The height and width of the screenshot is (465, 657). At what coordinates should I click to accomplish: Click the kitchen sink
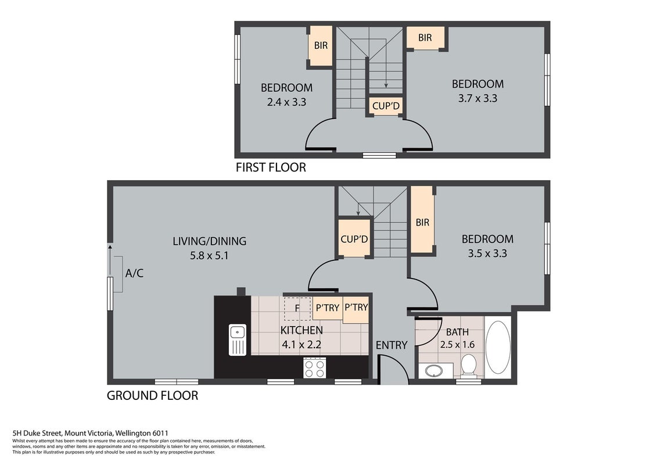(x=237, y=339)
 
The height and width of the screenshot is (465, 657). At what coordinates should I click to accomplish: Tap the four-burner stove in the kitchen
(x=315, y=367)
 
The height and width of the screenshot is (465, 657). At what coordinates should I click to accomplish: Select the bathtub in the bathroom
(x=498, y=347)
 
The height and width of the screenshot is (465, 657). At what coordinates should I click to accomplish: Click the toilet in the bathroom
(x=468, y=366)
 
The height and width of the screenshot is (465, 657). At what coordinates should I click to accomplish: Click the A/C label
(x=134, y=273)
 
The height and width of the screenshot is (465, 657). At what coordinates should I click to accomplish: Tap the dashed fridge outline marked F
(x=297, y=309)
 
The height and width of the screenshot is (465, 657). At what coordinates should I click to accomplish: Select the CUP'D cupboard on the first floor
(x=386, y=106)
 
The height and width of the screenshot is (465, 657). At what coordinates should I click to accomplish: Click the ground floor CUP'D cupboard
(x=354, y=238)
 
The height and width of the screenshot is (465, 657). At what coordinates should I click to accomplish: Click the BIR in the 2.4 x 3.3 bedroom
(x=321, y=45)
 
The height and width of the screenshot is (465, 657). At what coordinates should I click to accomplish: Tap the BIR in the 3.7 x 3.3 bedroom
(x=425, y=38)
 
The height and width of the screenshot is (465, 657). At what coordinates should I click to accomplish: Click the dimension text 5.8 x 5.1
(x=209, y=255)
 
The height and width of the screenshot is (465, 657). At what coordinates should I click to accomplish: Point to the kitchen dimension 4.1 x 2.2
(x=301, y=345)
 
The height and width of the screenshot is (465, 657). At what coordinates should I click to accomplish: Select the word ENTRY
(x=392, y=345)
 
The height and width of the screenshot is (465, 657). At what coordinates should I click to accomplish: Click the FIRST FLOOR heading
(x=271, y=167)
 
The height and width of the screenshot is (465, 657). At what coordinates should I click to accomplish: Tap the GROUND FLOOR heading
(x=153, y=395)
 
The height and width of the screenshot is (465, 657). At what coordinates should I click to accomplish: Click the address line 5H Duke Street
(x=91, y=433)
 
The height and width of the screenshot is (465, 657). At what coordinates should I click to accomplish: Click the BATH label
(x=457, y=332)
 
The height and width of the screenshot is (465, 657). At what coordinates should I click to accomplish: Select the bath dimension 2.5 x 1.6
(x=457, y=345)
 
